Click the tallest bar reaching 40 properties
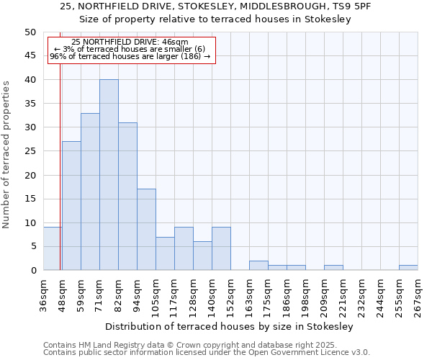[109, 175]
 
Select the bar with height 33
[90, 192]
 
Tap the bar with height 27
[71, 206]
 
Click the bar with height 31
[127, 197]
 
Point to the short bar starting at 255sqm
[408, 268]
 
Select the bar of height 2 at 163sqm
[258, 266]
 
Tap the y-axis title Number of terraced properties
[7, 154]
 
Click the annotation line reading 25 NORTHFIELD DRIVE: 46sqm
[130, 42]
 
